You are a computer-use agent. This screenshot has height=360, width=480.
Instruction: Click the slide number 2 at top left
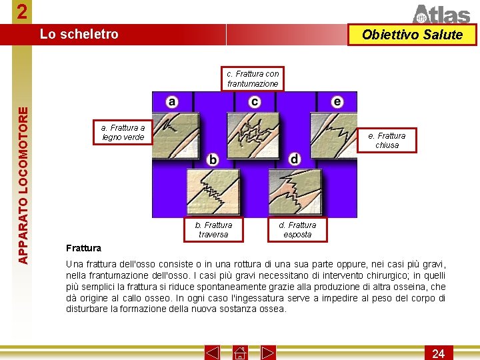[x=23, y=12]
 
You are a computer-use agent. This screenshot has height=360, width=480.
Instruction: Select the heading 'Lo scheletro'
[x=79, y=34]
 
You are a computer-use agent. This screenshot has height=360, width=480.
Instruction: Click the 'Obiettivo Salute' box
[x=413, y=35]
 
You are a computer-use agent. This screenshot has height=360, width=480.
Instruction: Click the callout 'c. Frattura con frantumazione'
[x=253, y=79]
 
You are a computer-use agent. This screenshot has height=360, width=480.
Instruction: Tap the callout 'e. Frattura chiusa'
[x=387, y=140]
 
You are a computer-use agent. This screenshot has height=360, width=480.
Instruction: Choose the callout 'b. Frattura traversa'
[x=213, y=229]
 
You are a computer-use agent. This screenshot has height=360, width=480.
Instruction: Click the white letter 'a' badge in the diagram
[x=172, y=101]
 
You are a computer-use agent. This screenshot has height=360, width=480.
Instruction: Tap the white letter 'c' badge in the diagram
[x=255, y=101]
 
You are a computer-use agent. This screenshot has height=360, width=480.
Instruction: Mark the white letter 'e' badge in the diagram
[x=337, y=101]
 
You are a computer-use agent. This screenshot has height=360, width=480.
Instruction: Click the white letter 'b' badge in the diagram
[x=213, y=159]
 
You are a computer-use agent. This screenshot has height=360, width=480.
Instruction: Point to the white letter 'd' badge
[x=295, y=159]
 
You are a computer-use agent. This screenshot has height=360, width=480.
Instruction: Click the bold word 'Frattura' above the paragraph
[x=83, y=248]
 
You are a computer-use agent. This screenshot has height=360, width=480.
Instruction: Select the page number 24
[x=438, y=353]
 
